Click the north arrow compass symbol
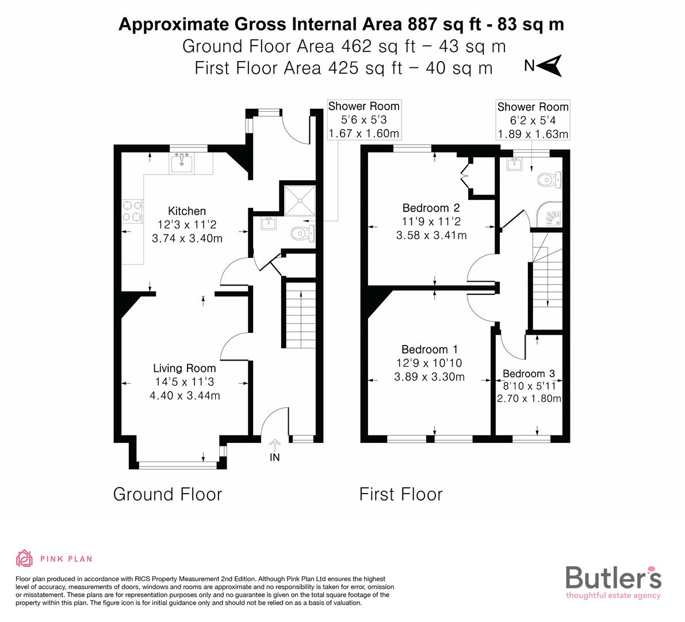[x=552, y=65]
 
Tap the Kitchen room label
[x=186, y=211]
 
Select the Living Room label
[x=184, y=369]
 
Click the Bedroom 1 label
[x=429, y=350]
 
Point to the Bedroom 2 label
[x=431, y=208]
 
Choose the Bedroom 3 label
[x=528, y=374]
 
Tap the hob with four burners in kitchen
[x=132, y=211]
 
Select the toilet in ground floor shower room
[x=301, y=233]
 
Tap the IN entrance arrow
[x=275, y=445]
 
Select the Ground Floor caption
[x=167, y=494]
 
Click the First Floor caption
[x=401, y=494]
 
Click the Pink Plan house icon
[x=24, y=558]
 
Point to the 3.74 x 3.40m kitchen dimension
[x=186, y=238]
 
